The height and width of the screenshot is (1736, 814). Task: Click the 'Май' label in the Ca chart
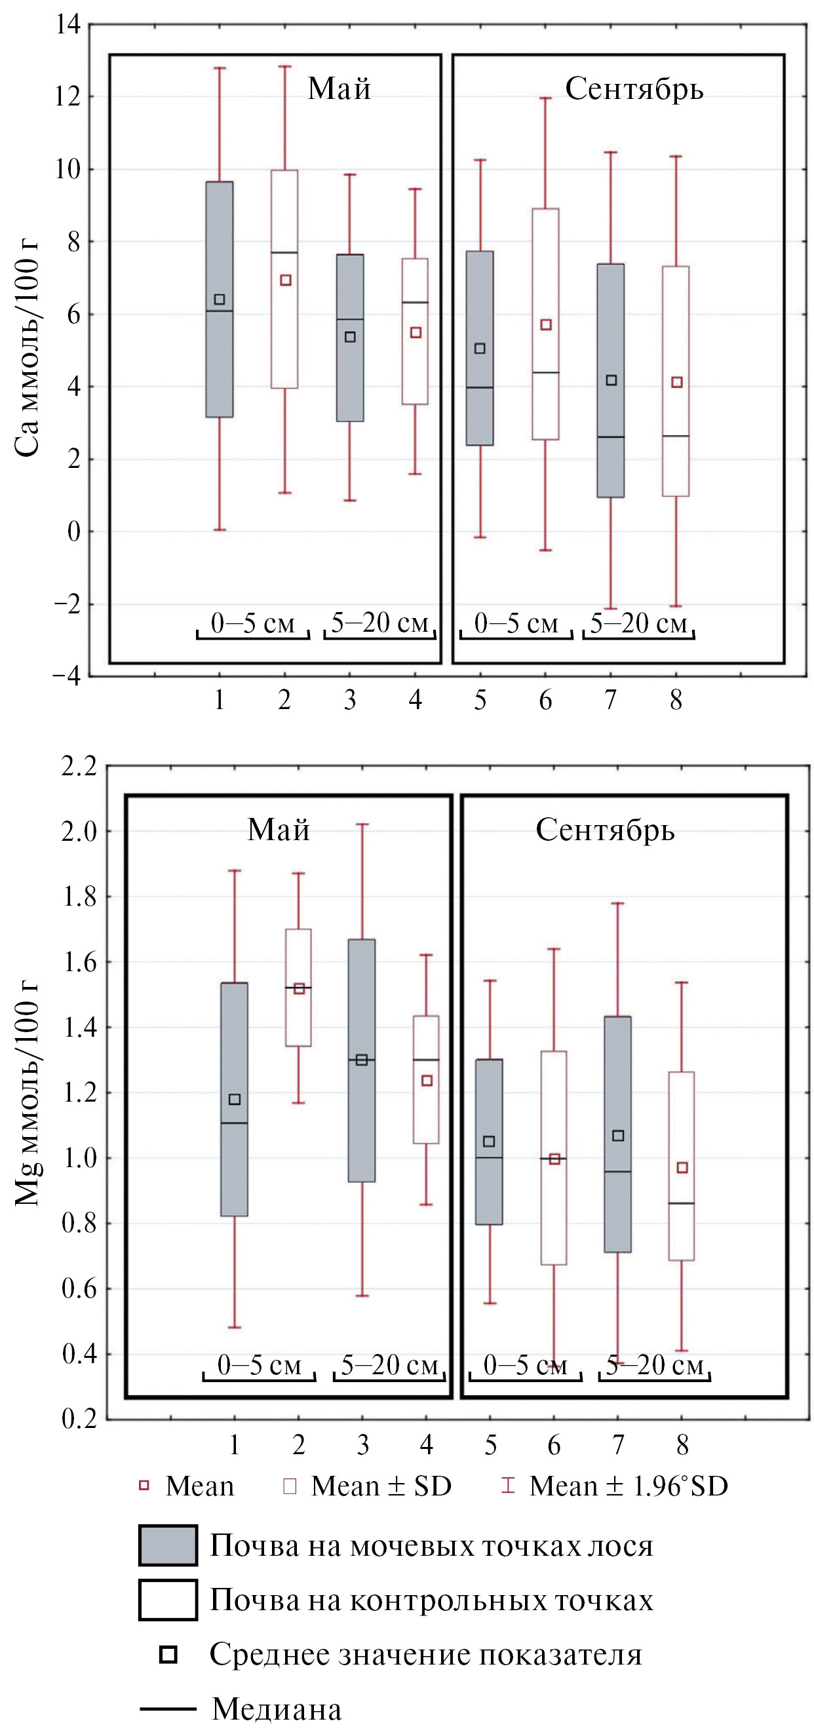(339, 89)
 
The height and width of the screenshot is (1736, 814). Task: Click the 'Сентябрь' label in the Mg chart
(604, 830)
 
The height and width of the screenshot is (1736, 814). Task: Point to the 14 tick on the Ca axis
(68, 25)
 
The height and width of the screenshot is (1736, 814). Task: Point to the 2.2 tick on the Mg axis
(79, 767)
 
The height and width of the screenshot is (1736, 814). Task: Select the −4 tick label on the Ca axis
(67, 676)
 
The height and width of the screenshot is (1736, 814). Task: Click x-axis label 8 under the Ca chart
(676, 700)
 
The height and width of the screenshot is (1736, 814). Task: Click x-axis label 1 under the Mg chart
(234, 1444)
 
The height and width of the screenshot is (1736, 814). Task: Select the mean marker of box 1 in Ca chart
(220, 299)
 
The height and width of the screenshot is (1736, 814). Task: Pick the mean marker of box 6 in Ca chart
(546, 325)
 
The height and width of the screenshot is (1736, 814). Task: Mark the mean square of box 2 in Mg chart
(299, 990)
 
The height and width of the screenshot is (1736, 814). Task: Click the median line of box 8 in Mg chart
(681, 1203)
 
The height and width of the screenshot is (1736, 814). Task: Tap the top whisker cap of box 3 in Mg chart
(362, 824)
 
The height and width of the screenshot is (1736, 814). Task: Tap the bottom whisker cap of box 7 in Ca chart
(611, 609)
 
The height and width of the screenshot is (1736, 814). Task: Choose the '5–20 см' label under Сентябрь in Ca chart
(638, 623)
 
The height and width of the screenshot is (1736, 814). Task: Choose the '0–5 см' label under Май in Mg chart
(259, 1364)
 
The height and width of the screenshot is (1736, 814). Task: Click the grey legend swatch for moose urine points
(168, 1545)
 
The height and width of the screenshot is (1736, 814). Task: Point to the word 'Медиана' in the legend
(277, 1709)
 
